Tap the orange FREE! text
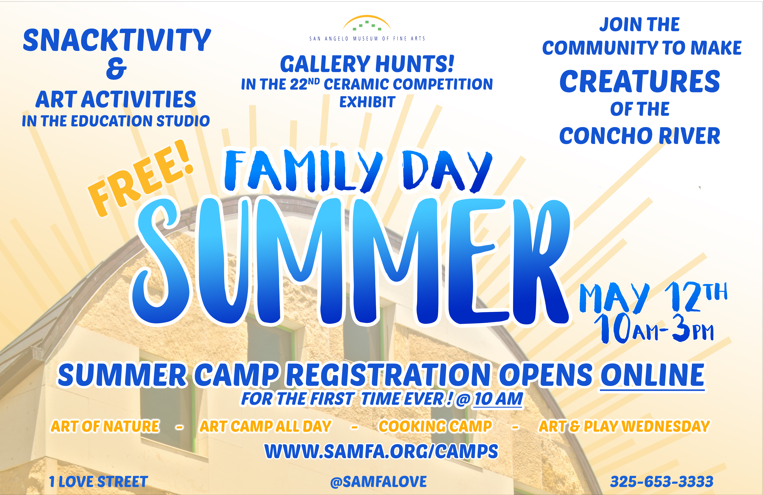coord(141,178)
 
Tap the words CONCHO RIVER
coord(640,136)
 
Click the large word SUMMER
coord(351,261)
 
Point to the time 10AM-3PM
coord(654,329)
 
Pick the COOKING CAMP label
coord(435,426)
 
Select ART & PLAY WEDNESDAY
coord(624,426)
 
